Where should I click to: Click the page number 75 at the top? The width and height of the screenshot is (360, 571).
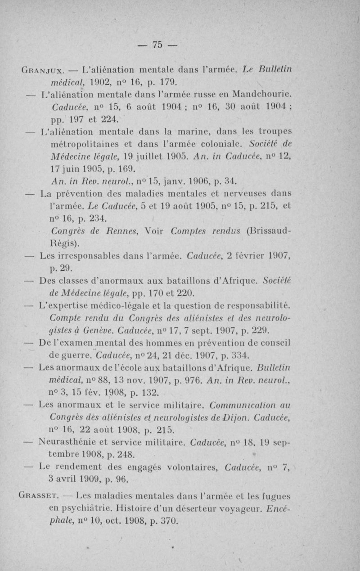[x=157, y=44]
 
